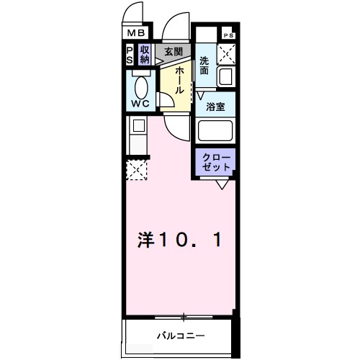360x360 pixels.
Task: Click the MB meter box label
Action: coord(136,33)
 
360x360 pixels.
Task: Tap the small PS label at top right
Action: coord(228,35)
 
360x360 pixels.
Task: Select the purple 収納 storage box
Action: coord(145,55)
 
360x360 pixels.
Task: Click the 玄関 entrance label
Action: coord(174,52)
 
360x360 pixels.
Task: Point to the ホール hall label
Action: coord(179,81)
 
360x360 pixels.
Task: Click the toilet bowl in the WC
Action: coord(141,88)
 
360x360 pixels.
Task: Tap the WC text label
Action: coord(140,104)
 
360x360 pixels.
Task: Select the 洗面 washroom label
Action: coord(204,66)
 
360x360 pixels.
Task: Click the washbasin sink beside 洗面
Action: coord(226,77)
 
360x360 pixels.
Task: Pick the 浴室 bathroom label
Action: coord(215,107)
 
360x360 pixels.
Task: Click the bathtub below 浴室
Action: coord(215,131)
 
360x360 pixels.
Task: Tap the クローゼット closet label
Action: coord(216,163)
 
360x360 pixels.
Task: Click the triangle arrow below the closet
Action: coord(222,185)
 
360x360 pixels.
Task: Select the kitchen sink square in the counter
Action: coord(139,125)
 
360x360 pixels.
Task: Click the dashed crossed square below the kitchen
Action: coord(137,170)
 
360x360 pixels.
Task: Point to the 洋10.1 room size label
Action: coord(179,240)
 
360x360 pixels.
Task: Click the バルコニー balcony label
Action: coord(181,336)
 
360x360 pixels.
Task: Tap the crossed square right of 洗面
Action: coord(226,54)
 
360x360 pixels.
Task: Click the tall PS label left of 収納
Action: coord(130,55)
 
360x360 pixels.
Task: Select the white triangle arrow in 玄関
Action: coord(158,61)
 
